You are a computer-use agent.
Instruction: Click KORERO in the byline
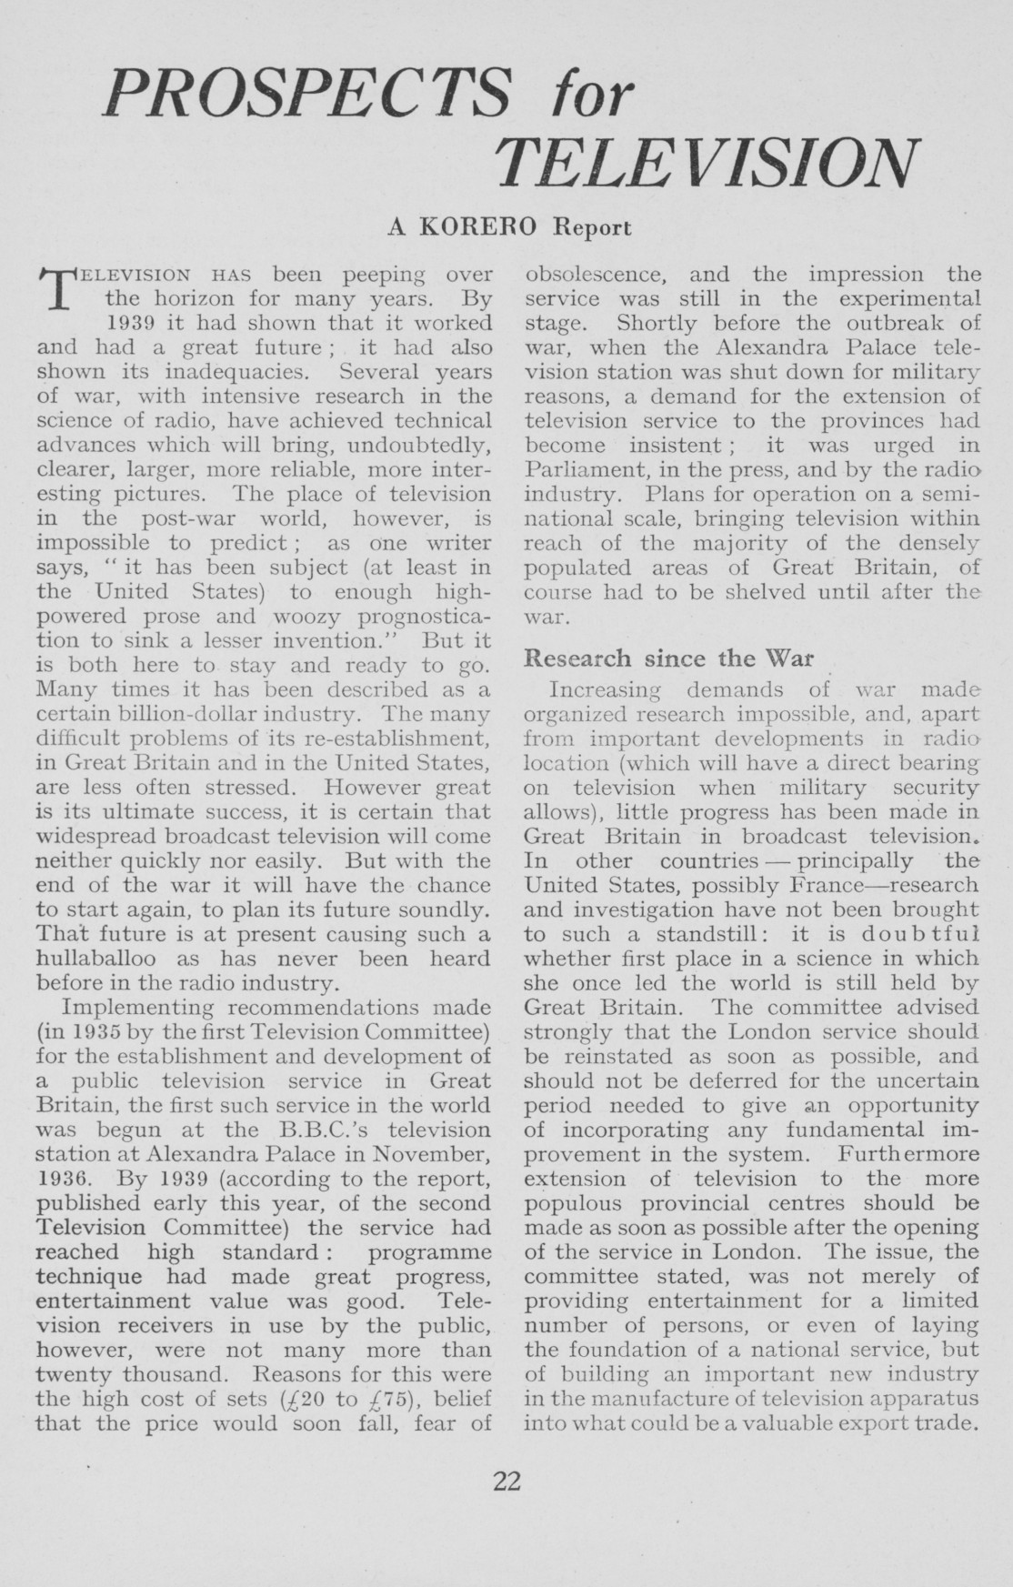tap(480, 226)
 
